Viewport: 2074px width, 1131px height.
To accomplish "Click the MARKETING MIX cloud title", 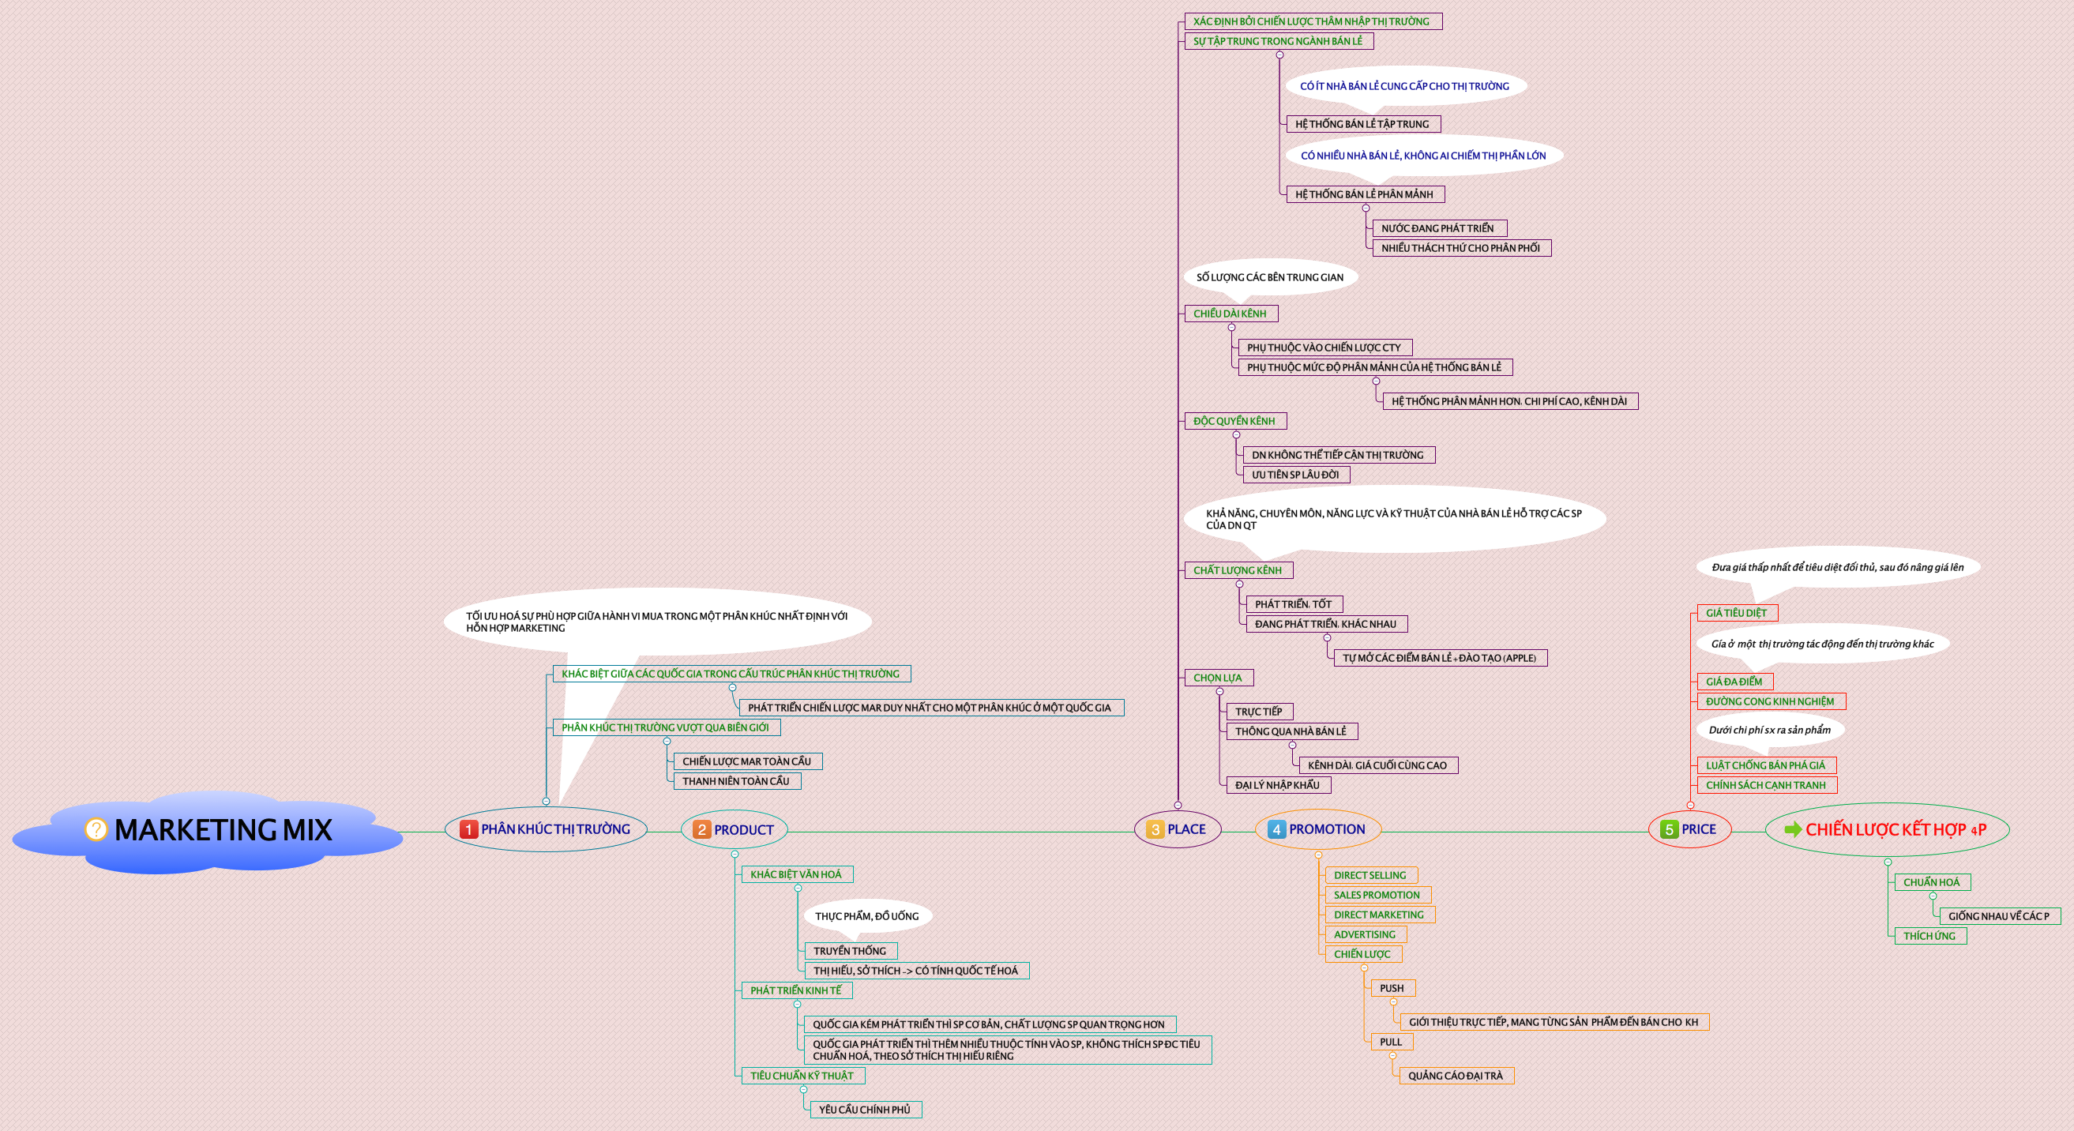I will pyautogui.click(x=223, y=830).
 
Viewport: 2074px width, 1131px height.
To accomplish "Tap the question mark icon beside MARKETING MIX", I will pyautogui.click(x=96, y=829).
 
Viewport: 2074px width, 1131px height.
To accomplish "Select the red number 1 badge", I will pyautogui.click(x=468, y=829).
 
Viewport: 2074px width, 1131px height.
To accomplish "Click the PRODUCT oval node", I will pyautogui.click(x=735, y=830).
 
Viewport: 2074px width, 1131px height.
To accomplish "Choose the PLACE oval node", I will pyautogui.click(x=1178, y=829).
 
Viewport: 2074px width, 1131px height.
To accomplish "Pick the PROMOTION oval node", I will pyautogui.click(x=1318, y=829).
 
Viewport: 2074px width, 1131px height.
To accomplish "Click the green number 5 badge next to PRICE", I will pyautogui.click(x=1669, y=829).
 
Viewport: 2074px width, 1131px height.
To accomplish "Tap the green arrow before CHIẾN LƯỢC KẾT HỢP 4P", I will pyautogui.click(x=1792, y=829).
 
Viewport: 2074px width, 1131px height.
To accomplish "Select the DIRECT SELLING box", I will pyautogui.click(x=1370, y=875).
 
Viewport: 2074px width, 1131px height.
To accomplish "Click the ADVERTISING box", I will pyautogui.click(x=1364, y=934).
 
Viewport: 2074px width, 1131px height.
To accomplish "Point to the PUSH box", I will pyautogui.click(x=1392, y=988).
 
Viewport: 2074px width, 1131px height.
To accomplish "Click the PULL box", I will pyautogui.click(x=1391, y=1042).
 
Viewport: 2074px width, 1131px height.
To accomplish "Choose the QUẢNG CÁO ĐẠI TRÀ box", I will pyautogui.click(x=1455, y=1076).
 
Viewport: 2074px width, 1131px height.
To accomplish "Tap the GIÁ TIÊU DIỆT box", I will pyautogui.click(x=1736, y=613).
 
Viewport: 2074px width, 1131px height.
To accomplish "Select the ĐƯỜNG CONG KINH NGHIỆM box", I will pyautogui.click(x=1770, y=701).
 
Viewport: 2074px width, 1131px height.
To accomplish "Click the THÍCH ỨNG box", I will pyautogui.click(x=1929, y=935).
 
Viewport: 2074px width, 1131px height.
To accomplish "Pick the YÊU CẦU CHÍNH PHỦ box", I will pyautogui.click(x=864, y=1109).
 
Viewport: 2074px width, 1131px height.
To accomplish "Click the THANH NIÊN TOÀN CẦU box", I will pyautogui.click(x=736, y=781).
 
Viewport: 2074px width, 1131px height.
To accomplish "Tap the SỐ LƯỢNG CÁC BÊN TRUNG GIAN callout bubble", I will pyautogui.click(x=1270, y=277).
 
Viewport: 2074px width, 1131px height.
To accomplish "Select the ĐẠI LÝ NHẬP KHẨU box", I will pyautogui.click(x=1277, y=785).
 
